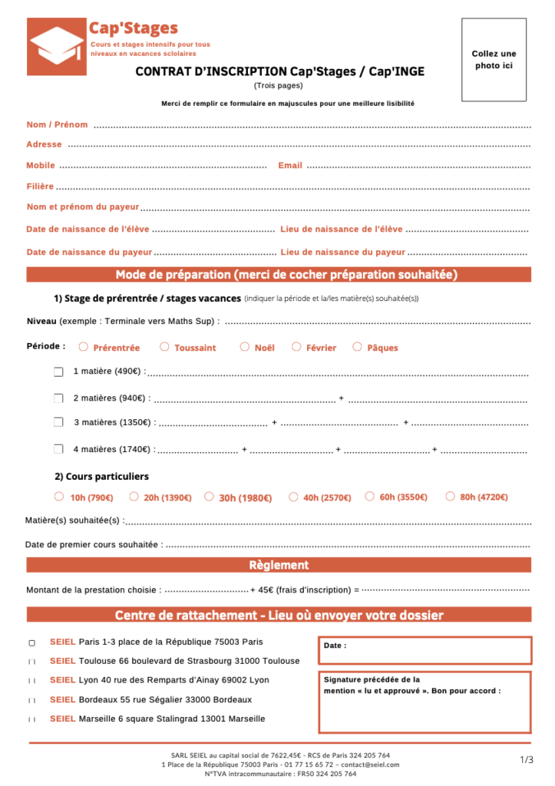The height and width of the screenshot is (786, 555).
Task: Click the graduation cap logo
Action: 57,46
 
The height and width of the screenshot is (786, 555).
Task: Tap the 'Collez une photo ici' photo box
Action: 494,60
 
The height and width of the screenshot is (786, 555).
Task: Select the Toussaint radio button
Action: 164,347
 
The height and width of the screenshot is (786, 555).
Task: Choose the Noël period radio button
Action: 245,347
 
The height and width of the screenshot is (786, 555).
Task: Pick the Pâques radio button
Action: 357,347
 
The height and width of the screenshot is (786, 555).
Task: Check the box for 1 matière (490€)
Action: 58,372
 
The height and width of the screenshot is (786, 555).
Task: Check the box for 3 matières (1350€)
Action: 58,422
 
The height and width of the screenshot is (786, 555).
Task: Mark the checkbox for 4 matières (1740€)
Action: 58,449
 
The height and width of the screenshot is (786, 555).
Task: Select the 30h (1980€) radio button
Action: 209,497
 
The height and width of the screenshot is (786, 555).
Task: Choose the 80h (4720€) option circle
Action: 450,497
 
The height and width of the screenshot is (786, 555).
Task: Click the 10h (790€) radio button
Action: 59,497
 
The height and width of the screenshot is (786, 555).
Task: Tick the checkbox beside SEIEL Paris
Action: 32,642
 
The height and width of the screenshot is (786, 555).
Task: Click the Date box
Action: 425,651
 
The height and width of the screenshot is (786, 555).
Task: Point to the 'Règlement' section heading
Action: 279,566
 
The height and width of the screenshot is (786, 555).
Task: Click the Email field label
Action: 290,166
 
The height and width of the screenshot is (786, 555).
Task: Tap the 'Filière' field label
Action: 40,187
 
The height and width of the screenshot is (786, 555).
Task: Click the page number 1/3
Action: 527,760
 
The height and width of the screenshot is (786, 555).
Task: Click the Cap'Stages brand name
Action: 134,29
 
